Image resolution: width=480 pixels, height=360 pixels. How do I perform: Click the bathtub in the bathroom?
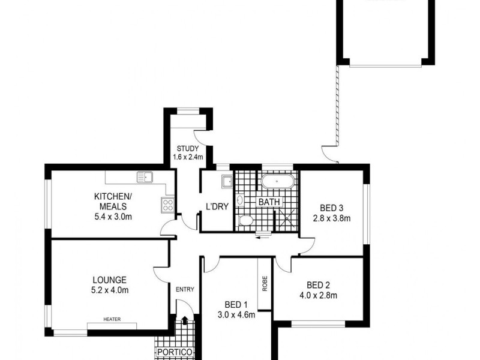(277, 181)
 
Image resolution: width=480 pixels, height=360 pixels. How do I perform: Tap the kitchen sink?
(145, 177)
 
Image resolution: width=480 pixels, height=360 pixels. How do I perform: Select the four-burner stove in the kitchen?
(167, 205)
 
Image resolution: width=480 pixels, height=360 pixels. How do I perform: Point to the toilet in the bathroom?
(245, 220)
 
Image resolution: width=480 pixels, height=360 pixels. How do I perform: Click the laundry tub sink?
(227, 181)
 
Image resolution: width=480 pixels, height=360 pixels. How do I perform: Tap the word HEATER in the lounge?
(112, 319)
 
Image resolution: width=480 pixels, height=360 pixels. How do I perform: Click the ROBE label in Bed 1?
(265, 283)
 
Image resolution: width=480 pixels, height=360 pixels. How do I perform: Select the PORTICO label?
(175, 352)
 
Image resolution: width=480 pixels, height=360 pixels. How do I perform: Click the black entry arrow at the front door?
(185, 320)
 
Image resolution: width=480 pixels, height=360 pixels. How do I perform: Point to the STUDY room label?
(188, 149)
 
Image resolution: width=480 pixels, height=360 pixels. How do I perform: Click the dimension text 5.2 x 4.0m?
(110, 290)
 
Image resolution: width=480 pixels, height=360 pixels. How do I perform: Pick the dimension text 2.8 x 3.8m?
(332, 218)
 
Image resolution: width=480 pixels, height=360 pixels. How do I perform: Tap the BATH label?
(269, 202)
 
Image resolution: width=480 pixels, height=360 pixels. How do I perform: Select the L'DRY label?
(217, 206)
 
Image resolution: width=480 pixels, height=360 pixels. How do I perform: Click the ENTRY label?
(185, 289)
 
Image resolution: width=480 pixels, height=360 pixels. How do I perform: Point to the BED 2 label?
(319, 286)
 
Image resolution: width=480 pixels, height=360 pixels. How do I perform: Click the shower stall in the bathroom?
(287, 218)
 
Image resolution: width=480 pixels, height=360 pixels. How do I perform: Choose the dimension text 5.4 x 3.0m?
(113, 217)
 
